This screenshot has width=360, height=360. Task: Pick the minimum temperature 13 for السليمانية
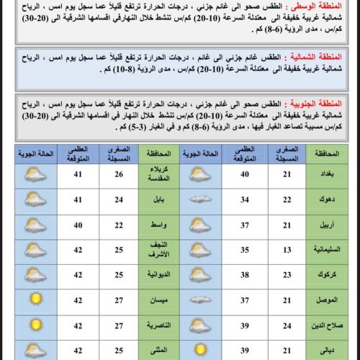coord(286,249)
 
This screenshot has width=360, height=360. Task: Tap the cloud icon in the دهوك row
coord(199,199)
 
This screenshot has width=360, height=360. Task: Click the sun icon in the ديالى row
coord(199,351)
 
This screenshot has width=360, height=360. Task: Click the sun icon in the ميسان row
coord(34,300)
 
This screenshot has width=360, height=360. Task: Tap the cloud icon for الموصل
coord(199,300)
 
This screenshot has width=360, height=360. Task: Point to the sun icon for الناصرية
coord(34,325)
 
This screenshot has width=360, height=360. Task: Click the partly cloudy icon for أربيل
coord(199,225)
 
